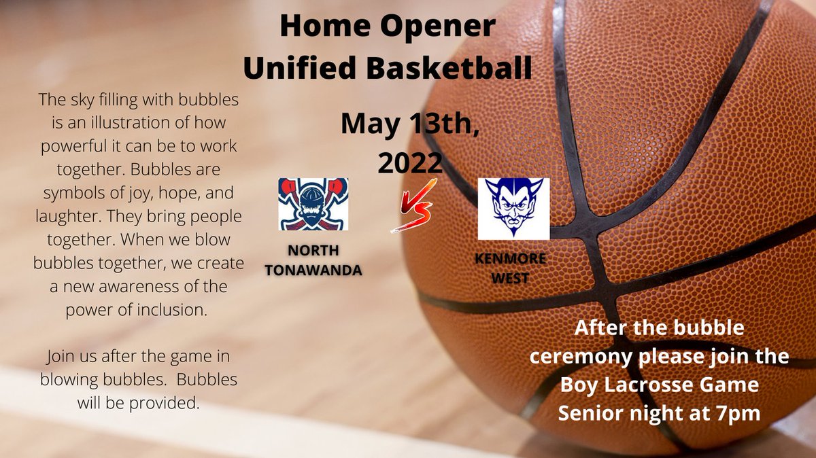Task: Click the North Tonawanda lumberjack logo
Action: [x=313, y=204]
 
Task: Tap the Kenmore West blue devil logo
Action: [x=513, y=209]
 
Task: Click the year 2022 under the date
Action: [x=410, y=163]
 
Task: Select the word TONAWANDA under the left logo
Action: [x=313, y=269]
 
